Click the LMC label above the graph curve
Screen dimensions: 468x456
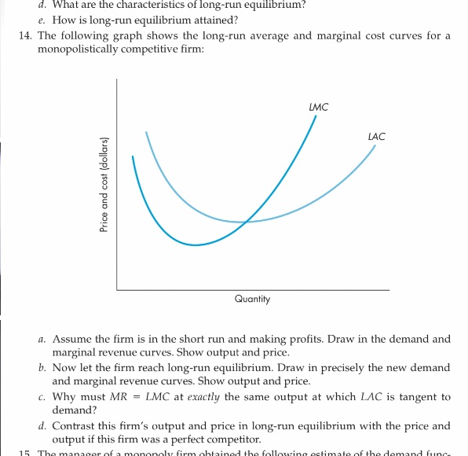318,106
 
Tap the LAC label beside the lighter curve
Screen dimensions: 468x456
376,137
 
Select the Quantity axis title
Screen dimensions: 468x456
252,299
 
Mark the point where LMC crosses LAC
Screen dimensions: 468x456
246,222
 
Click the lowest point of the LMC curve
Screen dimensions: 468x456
196,245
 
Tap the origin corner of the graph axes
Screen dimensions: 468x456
117,290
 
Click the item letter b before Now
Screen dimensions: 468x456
42,368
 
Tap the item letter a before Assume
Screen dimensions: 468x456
42,340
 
